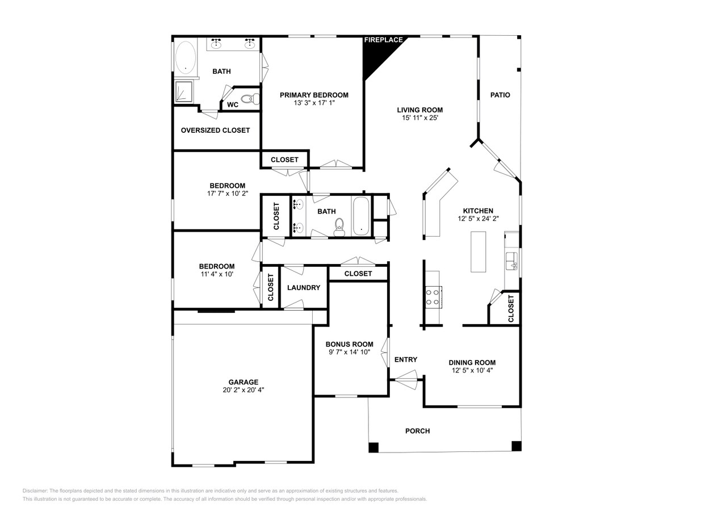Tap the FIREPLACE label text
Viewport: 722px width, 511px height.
point(383,40)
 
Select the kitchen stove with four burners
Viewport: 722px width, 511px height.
point(433,296)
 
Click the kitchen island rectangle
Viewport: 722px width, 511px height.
point(478,252)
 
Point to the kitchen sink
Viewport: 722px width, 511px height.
point(511,261)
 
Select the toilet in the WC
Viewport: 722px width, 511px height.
point(249,100)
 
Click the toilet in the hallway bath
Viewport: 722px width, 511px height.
point(339,227)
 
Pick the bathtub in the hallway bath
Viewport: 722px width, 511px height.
point(361,215)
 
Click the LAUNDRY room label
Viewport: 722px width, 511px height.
point(304,288)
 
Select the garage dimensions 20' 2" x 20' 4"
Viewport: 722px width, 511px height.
point(244,390)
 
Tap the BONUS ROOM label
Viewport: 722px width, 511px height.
point(349,344)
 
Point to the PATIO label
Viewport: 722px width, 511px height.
point(500,95)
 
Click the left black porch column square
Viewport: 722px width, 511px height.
point(373,447)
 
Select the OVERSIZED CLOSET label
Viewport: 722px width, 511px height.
point(215,130)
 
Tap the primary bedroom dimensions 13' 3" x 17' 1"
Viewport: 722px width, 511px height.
point(314,103)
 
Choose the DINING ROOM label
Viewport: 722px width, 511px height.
point(472,362)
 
